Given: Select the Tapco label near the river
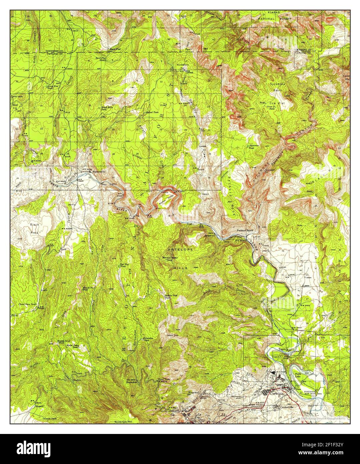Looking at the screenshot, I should [283, 350].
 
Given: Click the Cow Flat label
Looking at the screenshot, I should [277, 103].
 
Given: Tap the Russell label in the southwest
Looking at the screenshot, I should [41, 406].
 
